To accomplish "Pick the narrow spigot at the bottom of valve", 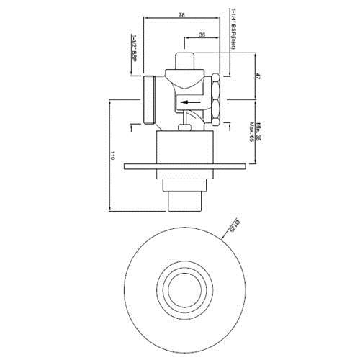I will pyautogui.click(x=186, y=199).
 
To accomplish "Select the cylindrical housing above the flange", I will pyautogui.click(x=186, y=148).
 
